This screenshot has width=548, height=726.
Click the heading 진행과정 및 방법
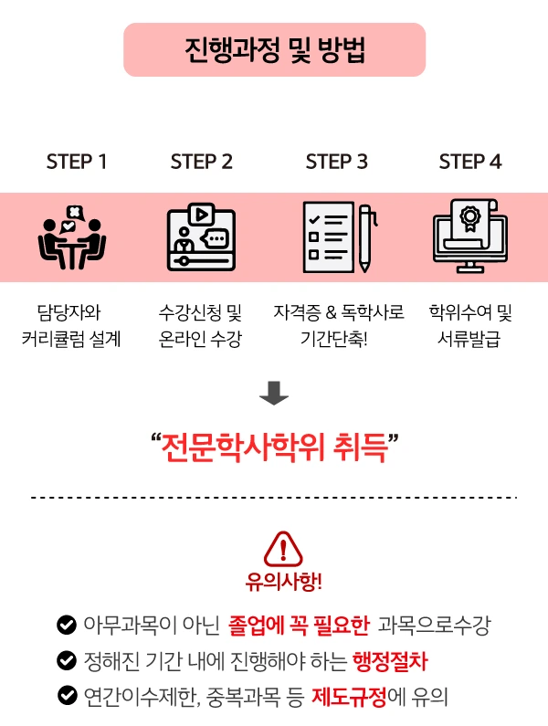pyautogui.click(x=274, y=49)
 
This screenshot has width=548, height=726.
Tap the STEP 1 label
pyautogui.click(x=77, y=163)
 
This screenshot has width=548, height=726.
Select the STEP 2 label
pyautogui.click(x=201, y=163)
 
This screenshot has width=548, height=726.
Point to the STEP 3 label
pyautogui.click(x=337, y=163)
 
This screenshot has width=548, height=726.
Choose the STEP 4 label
pyautogui.click(x=470, y=163)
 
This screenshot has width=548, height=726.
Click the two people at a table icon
pyautogui.click(x=72, y=237)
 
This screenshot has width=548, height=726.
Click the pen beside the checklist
pyautogui.click(x=364, y=237)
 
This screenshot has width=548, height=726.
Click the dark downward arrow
pyautogui.click(x=274, y=394)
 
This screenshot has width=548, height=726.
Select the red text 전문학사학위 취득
pyautogui.click(x=274, y=448)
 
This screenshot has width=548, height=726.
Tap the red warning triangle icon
pyautogui.click(x=282, y=548)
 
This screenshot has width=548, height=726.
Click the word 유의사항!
pyautogui.click(x=283, y=582)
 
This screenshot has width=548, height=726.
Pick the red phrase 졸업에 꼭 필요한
pyautogui.click(x=299, y=626)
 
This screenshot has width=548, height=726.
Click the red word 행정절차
pyautogui.click(x=388, y=660)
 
